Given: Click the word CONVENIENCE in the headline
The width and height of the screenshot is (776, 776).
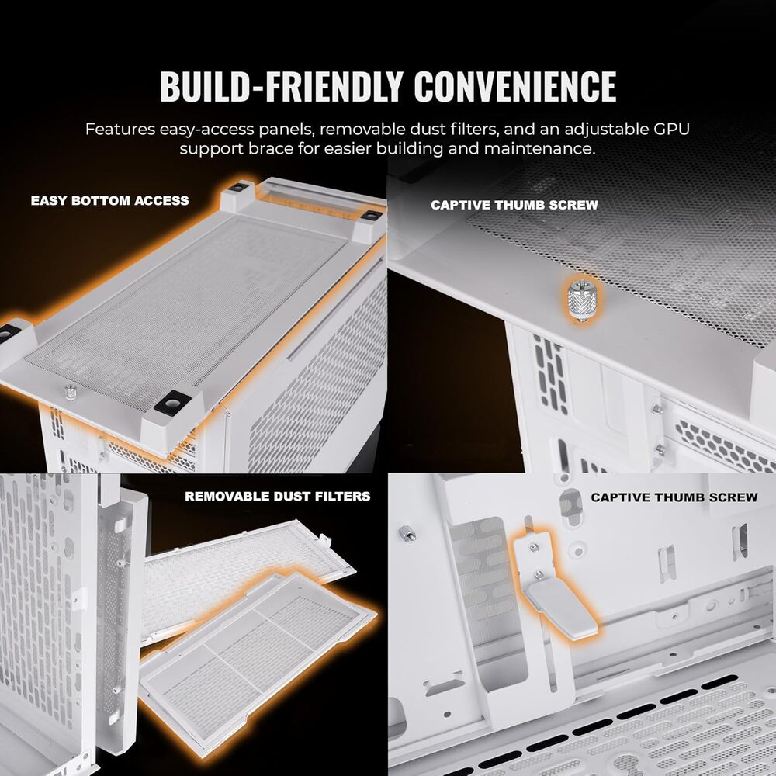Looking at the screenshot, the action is [515, 86].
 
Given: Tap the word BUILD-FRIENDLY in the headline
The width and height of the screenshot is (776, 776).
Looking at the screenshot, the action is [281, 86].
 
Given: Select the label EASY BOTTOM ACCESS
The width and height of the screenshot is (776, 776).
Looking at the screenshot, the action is [110, 200].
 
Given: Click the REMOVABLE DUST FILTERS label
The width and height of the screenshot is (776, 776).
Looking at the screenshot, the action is [278, 497].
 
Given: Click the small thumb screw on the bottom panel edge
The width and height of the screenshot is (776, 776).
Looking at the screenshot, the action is [71, 392].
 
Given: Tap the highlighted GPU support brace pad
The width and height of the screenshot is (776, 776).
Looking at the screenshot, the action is [561, 609].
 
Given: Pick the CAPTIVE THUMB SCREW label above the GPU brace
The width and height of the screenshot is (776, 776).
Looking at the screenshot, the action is [674, 497].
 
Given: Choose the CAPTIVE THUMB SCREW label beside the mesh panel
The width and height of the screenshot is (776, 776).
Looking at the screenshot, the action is [514, 205].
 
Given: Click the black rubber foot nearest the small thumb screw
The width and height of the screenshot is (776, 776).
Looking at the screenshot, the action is [172, 402].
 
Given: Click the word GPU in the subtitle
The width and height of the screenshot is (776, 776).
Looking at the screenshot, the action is [671, 129].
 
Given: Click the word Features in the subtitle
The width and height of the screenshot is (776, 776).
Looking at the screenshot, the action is [120, 129].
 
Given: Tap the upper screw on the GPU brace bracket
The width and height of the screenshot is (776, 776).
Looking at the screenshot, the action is [534, 547].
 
